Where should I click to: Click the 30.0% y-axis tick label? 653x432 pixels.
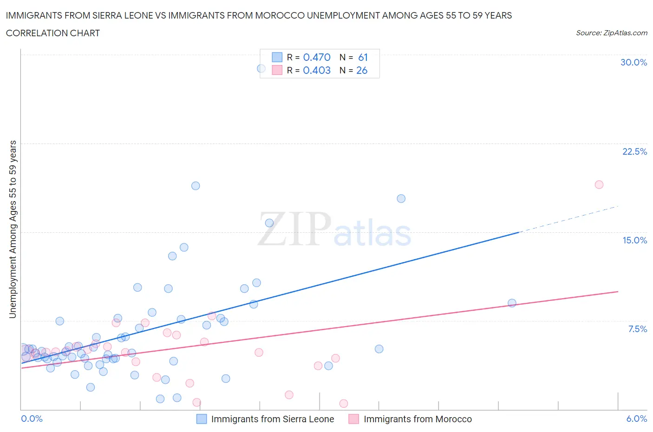tap(633, 62)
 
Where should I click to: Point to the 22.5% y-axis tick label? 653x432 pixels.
tap(634, 151)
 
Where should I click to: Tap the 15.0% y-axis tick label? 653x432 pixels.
tap(634, 240)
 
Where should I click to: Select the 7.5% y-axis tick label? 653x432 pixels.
tap(637, 329)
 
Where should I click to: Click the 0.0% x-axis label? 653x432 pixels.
tap(32, 419)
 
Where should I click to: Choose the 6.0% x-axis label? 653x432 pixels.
tap(636, 419)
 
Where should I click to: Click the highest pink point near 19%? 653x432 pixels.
tap(599, 184)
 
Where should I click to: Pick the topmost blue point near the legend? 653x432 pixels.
tap(261, 68)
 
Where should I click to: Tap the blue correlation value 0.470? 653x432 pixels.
tap(317, 57)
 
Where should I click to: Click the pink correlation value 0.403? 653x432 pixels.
tap(317, 70)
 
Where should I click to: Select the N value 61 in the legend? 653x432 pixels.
tap(363, 57)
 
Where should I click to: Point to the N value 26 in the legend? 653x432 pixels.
tap(362, 70)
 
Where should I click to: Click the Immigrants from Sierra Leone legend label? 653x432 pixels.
tap(273, 419)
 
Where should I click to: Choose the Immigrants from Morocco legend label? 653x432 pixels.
tap(418, 419)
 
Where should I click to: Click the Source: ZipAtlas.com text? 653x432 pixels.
tap(611, 33)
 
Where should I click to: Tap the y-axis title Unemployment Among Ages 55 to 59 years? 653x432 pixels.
tap(13, 229)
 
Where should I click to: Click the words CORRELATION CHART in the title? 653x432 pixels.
tap(53, 33)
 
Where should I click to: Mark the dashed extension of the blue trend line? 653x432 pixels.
tap(569, 218)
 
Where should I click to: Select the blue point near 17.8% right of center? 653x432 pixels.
tap(401, 198)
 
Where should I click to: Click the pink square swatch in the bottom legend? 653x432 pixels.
tap(354, 419)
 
